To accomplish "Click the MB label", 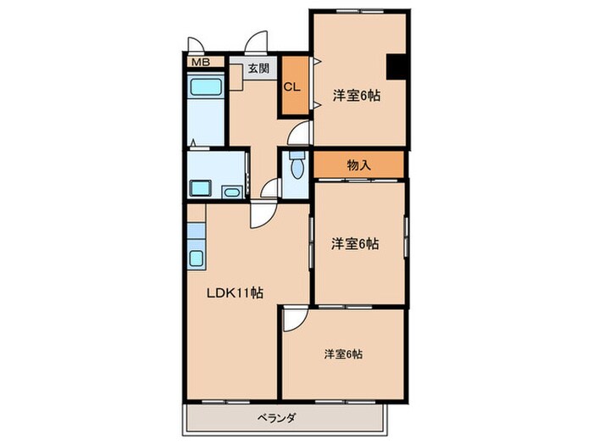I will pyautogui.click(x=200, y=62).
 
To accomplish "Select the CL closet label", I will pyautogui.click(x=291, y=86).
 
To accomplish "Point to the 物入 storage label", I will pyautogui.click(x=359, y=165).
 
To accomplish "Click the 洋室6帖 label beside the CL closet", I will pyautogui.click(x=356, y=96).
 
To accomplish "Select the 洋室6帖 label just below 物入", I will pyautogui.click(x=355, y=244).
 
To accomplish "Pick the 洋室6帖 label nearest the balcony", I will pyautogui.click(x=342, y=353).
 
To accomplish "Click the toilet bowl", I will pyautogui.click(x=296, y=169).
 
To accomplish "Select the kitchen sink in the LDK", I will pyautogui.click(x=197, y=259).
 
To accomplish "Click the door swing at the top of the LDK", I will pyautogui.click(x=260, y=216).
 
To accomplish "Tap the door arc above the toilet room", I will pyautogui.click(x=297, y=134).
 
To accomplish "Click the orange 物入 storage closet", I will pyautogui.click(x=360, y=165).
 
